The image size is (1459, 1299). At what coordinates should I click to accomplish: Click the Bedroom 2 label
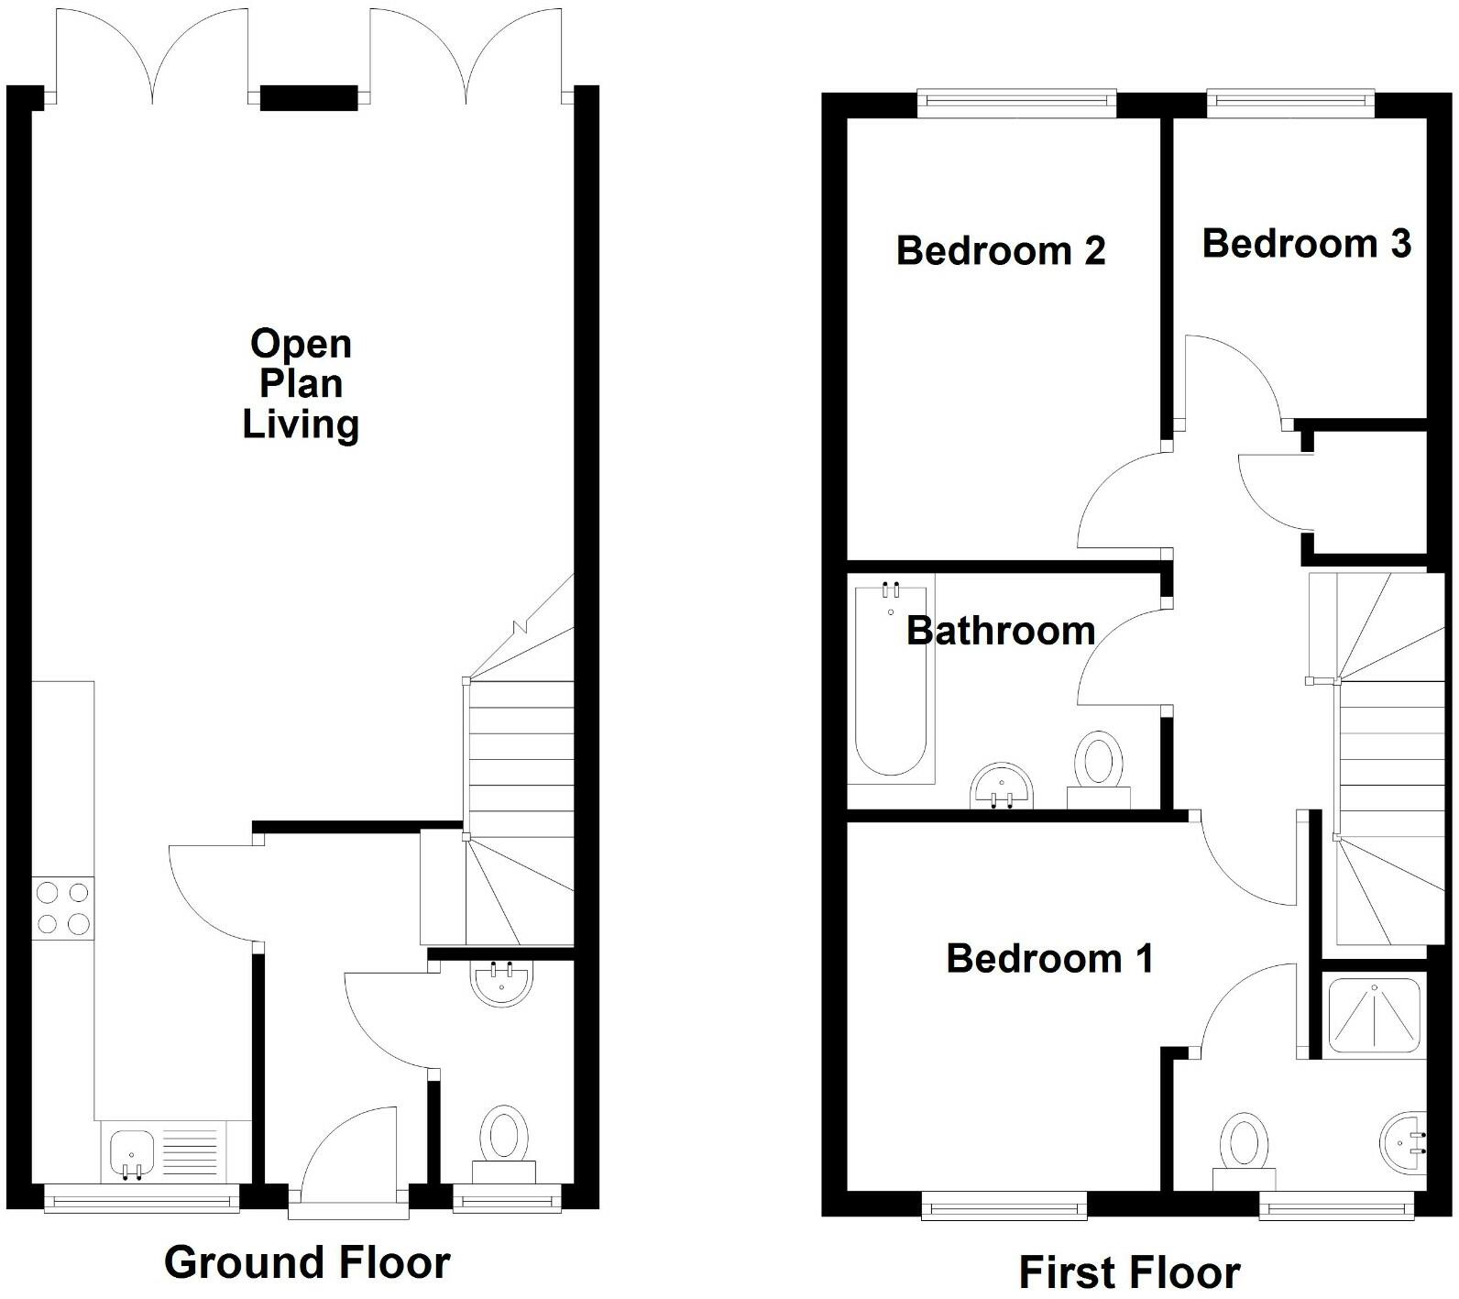(x=1001, y=250)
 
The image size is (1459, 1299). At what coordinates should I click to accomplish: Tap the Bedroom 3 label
(x=1306, y=244)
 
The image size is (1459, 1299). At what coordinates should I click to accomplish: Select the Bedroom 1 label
(x=1049, y=959)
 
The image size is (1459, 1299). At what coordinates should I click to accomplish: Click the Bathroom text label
(x=1001, y=631)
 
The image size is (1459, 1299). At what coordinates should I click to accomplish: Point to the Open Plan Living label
(x=301, y=383)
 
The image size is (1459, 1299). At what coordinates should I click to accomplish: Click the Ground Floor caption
(x=307, y=1262)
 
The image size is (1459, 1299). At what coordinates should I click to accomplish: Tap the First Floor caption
(x=1129, y=1272)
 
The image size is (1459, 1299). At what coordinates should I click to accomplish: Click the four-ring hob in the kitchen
(x=62, y=908)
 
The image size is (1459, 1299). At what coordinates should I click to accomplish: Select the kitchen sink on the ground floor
(x=132, y=1152)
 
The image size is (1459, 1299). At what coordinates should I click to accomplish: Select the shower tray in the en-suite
(x=1375, y=1014)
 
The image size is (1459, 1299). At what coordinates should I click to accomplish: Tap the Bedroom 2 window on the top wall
(x=1016, y=104)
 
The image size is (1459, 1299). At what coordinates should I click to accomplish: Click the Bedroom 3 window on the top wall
(x=1290, y=104)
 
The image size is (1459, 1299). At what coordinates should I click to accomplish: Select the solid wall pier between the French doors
(x=308, y=97)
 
